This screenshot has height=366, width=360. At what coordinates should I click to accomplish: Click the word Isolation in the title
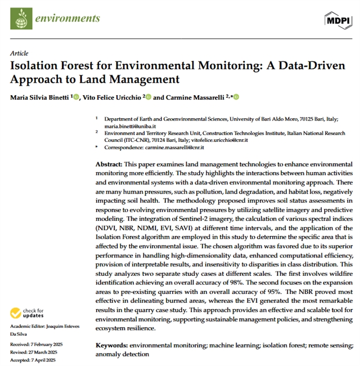(36, 65)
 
